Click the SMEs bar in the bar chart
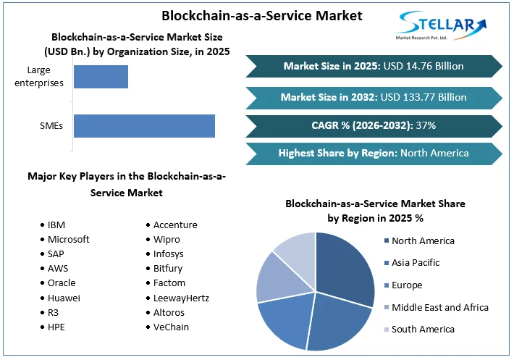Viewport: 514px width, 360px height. click(x=144, y=125)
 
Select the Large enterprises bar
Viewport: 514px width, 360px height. click(x=101, y=77)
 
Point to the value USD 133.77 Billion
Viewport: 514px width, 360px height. click(x=424, y=96)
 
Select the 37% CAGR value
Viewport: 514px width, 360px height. click(x=425, y=125)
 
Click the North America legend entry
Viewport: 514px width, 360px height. click(x=423, y=240)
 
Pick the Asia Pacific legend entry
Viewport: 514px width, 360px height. click(x=416, y=262)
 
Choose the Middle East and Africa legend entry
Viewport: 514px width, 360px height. click(x=439, y=307)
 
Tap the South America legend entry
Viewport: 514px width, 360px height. click(x=423, y=329)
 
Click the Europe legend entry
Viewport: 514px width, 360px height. click(x=406, y=285)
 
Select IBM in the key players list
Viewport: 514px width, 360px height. click(x=57, y=225)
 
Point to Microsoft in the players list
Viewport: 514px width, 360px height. click(x=69, y=240)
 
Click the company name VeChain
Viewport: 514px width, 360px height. click(x=172, y=327)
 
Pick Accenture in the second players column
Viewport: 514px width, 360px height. click(x=175, y=225)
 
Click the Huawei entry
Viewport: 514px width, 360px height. click(x=65, y=298)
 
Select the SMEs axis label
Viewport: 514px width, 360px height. click(x=51, y=125)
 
